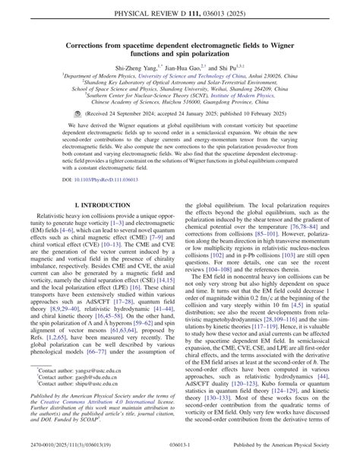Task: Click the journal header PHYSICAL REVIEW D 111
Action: click(180, 15)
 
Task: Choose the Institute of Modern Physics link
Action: click(238, 102)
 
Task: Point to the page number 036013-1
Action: click(180, 456)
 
